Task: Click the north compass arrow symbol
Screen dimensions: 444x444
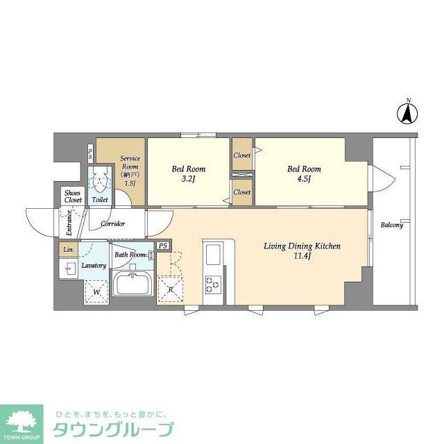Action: point(408,113)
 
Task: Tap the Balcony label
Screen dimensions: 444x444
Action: point(391,224)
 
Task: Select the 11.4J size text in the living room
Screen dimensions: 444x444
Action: point(300,257)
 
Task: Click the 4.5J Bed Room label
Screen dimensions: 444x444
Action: point(305,173)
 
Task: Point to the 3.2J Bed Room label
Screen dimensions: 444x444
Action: point(188,173)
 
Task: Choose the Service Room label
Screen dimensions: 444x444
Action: point(130,166)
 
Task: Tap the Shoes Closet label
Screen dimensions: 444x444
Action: point(73,196)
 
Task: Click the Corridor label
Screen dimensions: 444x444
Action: point(112,223)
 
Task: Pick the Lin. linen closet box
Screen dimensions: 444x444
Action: point(68,250)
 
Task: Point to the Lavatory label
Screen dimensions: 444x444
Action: point(94,266)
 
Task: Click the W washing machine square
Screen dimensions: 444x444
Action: point(96,292)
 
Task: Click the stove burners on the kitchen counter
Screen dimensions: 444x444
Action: point(212,284)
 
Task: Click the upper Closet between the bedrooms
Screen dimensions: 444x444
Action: point(242,155)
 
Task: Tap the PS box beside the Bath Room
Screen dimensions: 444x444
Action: point(163,246)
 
